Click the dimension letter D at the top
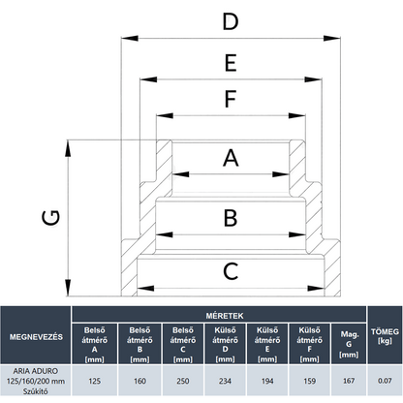coord(231,21)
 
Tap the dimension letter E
coord(231,63)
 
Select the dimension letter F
coord(231,99)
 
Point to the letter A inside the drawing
coord(231,158)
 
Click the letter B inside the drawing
coord(231,218)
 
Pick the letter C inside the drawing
coord(231,271)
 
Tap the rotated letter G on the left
coord(51,217)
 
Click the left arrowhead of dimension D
coord(130,38)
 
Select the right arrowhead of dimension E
coord(313,79)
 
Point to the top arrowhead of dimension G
coord(68,148)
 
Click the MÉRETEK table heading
coord(225,316)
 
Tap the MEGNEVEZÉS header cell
coord(36,337)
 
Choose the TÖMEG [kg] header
coord(385,336)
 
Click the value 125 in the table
coord(94,381)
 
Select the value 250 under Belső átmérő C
coord(183,381)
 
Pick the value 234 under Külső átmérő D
coord(225,381)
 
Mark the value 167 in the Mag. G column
coord(349,381)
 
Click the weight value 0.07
coord(385,381)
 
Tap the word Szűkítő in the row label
coord(36,391)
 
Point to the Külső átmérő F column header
coord(309,344)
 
